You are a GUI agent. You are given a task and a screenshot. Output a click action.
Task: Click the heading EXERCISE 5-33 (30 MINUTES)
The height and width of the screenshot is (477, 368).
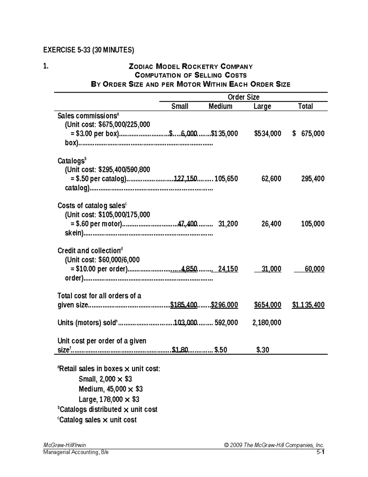pyautogui.click(x=88, y=50)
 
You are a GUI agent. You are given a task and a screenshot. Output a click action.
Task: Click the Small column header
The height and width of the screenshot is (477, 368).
pyautogui.click(x=180, y=106)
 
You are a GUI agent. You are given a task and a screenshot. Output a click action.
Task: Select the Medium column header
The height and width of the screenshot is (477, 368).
pyautogui.click(x=220, y=106)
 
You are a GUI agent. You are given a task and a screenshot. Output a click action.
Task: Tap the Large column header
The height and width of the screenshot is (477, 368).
pyautogui.click(x=262, y=106)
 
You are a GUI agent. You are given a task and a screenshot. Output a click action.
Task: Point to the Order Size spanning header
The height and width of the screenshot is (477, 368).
pyautogui.click(x=243, y=97)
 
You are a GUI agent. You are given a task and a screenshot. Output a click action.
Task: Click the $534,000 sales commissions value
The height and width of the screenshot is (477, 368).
pyautogui.click(x=267, y=133)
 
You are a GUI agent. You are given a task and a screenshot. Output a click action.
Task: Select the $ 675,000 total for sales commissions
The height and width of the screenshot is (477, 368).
pyautogui.click(x=309, y=133)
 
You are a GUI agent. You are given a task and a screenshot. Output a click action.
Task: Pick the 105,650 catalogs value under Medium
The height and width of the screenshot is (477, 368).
pyautogui.click(x=226, y=178)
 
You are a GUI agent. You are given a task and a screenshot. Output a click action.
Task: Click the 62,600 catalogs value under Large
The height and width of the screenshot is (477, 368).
pyautogui.click(x=271, y=178)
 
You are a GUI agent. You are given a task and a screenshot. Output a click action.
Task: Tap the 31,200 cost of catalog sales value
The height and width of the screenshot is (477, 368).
pyautogui.click(x=228, y=224)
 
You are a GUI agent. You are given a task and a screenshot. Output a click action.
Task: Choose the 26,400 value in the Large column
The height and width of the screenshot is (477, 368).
pyautogui.click(x=271, y=224)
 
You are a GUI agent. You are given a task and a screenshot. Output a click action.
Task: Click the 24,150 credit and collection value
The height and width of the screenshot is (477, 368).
pyautogui.click(x=228, y=269)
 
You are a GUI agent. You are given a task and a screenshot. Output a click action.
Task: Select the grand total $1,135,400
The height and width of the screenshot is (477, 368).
pyautogui.click(x=308, y=305)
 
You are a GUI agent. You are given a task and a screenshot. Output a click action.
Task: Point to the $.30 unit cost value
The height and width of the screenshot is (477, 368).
pyautogui.click(x=263, y=350)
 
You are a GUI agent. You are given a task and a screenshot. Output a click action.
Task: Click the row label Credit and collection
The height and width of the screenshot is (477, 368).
pyautogui.click(x=89, y=251)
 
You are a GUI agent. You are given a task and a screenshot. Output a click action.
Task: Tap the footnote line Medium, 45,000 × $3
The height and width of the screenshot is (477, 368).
pyautogui.click(x=110, y=389)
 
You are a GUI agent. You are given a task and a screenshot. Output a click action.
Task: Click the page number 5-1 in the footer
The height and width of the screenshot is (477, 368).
pyautogui.click(x=320, y=452)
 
